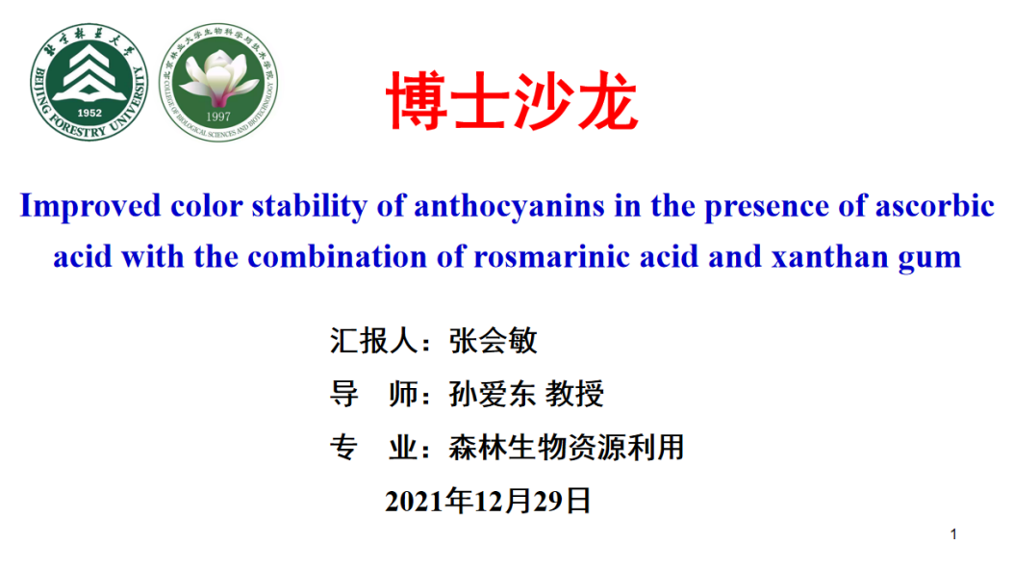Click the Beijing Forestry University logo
[89, 82]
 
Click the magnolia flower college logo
[218, 82]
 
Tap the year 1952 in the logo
[89, 113]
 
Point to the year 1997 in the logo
[218, 117]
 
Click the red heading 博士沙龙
[512, 101]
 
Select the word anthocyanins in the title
[509, 207]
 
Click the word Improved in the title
[89, 207]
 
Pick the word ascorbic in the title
[934, 206]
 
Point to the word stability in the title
[309, 207]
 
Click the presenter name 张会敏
[493, 341]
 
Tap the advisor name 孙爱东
[493, 394]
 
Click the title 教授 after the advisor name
[574, 394]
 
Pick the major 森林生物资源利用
[567, 447]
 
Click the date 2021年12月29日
[489, 501]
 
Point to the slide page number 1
[953, 534]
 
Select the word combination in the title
[337, 257]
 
